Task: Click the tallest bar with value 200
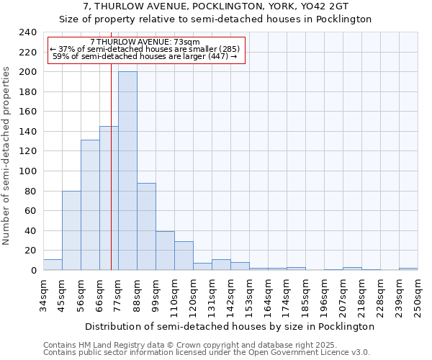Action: [127, 171]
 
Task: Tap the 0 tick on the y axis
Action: [34, 271]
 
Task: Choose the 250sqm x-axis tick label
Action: [418, 296]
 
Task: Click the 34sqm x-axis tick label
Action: [44, 294]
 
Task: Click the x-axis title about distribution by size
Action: [229, 326]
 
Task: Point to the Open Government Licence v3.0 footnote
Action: [207, 353]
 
